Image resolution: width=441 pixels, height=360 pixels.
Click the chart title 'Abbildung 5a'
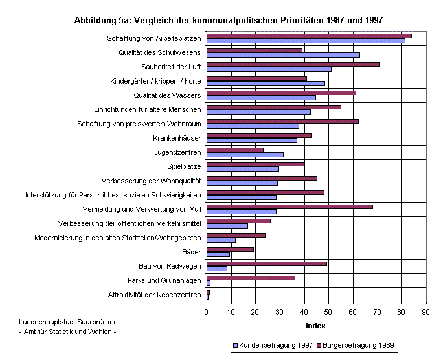(x=229, y=20)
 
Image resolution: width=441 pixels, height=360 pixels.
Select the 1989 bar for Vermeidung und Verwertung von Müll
(x=289, y=207)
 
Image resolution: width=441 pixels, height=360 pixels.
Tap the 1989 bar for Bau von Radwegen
(x=266, y=264)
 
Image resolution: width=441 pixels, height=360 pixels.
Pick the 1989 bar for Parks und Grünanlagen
(x=251, y=278)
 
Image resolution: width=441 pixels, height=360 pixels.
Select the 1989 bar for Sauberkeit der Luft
(x=293, y=64)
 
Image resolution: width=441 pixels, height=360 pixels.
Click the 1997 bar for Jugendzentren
(x=245, y=155)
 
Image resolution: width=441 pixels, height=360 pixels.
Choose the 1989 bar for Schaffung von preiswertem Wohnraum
(x=282, y=121)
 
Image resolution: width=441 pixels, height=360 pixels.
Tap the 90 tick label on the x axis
(x=425, y=311)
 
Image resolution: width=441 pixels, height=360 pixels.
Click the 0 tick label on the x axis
(x=207, y=311)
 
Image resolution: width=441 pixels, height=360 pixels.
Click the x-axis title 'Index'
(x=315, y=325)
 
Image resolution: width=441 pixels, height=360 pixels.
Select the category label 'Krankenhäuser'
(x=177, y=138)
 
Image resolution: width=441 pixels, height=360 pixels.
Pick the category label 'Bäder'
(x=192, y=252)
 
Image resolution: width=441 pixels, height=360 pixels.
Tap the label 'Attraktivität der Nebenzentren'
(x=155, y=295)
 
